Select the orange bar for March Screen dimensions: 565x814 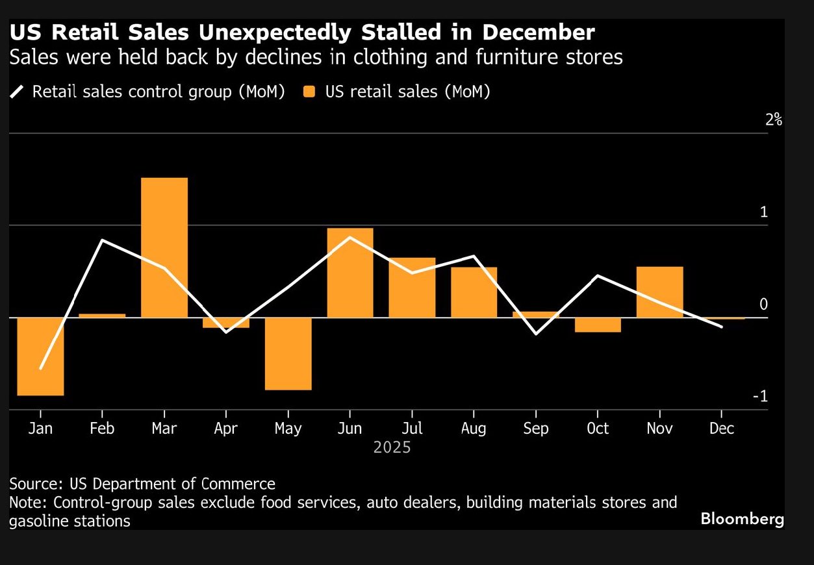pyautogui.click(x=164, y=247)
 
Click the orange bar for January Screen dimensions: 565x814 pyautogui.click(x=40, y=356)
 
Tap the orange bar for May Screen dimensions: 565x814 pyautogui.click(x=288, y=353)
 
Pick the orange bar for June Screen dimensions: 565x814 pyautogui.click(x=350, y=273)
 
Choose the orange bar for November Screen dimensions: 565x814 pyautogui.click(x=659, y=292)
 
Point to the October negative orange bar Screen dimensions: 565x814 pyautogui.click(x=598, y=325)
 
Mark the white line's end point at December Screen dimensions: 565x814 pyautogui.click(x=722, y=327)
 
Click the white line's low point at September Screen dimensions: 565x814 pyautogui.click(x=536, y=334)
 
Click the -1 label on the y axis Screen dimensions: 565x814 pyautogui.click(x=759, y=397)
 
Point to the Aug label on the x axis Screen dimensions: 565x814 pyautogui.click(x=474, y=429)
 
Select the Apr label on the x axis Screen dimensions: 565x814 pyautogui.click(x=225, y=429)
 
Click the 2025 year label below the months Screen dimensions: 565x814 pyautogui.click(x=392, y=447)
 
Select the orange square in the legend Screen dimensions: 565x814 pyautogui.click(x=309, y=92)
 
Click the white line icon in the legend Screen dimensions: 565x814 pyautogui.click(x=18, y=92)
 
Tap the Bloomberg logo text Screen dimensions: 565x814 pyautogui.click(x=742, y=519)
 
